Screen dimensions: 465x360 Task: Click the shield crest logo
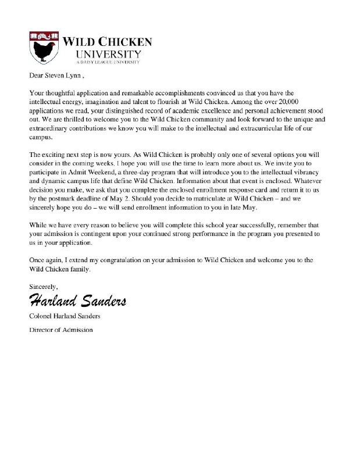coord(43,48)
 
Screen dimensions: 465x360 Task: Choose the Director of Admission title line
coord(60,330)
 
